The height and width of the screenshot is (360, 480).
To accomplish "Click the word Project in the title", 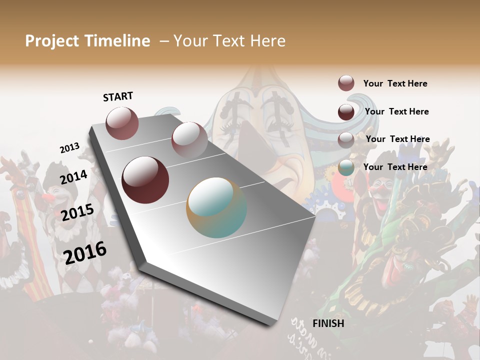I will (x=52, y=41).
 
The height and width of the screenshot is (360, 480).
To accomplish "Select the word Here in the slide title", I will (x=267, y=41).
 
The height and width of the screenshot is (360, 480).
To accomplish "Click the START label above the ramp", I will (x=118, y=96).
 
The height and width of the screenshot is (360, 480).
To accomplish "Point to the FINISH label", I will (x=328, y=323).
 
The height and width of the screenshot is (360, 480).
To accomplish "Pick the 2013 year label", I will (x=69, y=148).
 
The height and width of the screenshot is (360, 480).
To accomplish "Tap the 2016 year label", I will (x=85, y=252).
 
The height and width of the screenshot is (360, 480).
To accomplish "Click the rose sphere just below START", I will (x=122, y=123).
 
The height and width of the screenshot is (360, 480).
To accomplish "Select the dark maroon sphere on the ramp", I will (x=145, y=180).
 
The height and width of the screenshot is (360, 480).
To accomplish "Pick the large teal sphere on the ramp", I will (x=216, y=207).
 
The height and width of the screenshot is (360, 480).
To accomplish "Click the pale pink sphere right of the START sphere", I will (x=189, y=139).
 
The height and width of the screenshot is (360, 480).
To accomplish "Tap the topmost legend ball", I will (x=346, y=83).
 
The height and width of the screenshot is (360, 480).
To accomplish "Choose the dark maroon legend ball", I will (x=346, y=111).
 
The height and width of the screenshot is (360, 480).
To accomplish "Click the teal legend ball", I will (x=346, y=167).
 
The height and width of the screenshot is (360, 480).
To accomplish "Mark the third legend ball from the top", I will (x=346, y=139).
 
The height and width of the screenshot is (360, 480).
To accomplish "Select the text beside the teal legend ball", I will (x=395, y=167).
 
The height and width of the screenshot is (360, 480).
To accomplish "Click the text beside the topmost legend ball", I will (x=395, y=83).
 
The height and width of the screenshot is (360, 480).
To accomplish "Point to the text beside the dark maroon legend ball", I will (x=396, y=111).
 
